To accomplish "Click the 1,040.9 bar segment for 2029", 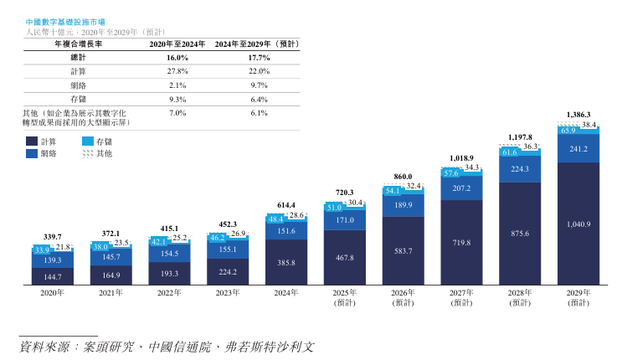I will point(578,224).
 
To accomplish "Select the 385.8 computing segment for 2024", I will point(286,262).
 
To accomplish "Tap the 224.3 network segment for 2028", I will point(520,168).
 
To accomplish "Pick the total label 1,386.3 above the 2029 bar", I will point(578,114).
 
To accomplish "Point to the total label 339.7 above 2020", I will point(53,237).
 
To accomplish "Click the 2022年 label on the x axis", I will point(169,293).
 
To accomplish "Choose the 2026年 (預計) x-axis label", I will point(404,298).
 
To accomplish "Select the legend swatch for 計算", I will point(32,141).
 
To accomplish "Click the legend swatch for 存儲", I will point(88,141).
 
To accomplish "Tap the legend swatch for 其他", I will point(88,154).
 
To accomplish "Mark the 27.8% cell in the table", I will point(177,71).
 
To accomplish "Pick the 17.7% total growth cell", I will point(259,58).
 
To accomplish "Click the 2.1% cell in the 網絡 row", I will point(177,85).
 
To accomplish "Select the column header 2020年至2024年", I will point(177,43).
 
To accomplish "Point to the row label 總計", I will point(77,58).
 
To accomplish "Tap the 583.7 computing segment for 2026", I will point(404,250).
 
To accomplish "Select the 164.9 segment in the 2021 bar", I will point(111,274).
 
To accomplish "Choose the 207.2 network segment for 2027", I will point(461,188).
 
